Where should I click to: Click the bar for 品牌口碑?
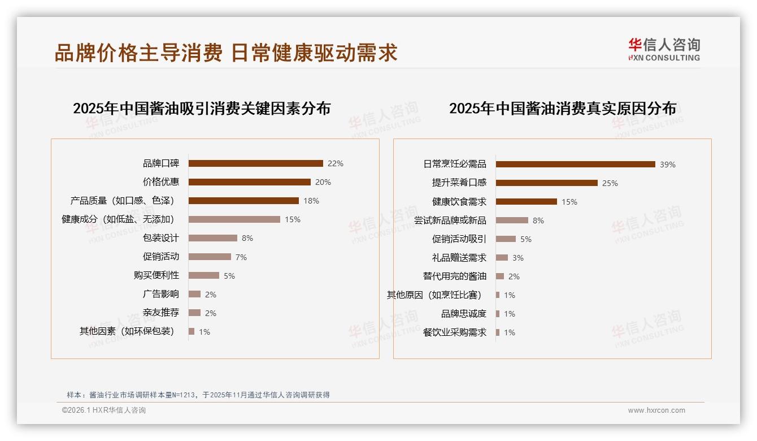255,163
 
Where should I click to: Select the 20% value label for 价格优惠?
323,182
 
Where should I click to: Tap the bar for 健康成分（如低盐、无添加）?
234,219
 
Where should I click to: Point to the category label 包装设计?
161,238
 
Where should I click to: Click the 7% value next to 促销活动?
241,257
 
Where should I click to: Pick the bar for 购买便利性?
203,275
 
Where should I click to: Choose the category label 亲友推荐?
161,313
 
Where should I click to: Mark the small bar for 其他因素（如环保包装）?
192,331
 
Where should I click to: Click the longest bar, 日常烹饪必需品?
575,165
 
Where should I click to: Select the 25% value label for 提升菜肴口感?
610,183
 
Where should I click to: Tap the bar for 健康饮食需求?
526,202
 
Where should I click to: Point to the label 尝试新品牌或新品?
450,220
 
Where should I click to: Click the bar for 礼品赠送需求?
502,258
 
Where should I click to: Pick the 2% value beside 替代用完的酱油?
514,276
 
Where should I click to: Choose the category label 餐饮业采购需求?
454,332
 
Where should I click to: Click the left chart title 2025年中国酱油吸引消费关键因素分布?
202,109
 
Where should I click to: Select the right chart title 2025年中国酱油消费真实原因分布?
563,109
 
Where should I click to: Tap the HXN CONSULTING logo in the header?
664,50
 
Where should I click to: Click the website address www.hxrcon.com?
656,410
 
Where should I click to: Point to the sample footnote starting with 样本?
198,395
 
